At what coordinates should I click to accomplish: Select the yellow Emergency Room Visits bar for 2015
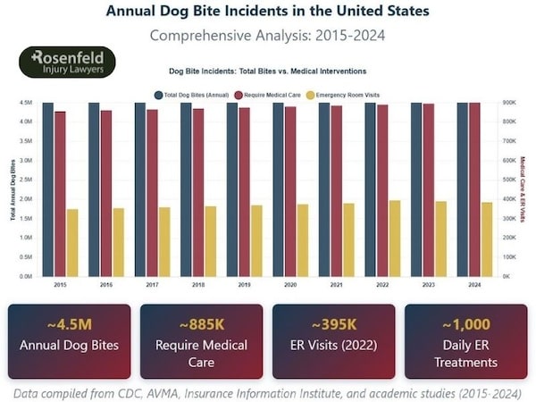tap(72, 242)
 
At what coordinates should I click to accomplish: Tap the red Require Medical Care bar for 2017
tap(152, 192)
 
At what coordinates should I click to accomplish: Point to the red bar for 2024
tap(474, 189)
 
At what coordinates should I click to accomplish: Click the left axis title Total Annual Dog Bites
tap(13, 189)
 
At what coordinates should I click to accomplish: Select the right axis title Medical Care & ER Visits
tap(523, 189)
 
